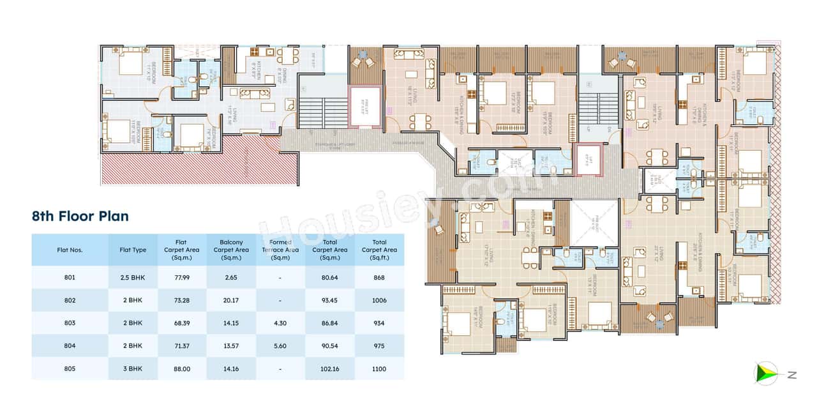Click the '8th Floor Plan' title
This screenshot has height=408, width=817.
pyautogui.click(x=80, y=216)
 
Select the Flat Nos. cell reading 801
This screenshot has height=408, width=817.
pyautogui.click(x=70, y=277)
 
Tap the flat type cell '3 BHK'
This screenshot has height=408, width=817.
pyautogui.click(x=133, y=369)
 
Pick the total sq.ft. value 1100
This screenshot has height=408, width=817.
pyautogui.click(x=379, y=369)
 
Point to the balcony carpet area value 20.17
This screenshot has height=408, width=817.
pyautogui.click(x=231, y=300)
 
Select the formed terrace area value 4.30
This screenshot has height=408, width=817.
pyautogui.click(x=280, y=323)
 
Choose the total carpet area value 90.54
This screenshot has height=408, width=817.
pyautogui.click(x=330, y=346)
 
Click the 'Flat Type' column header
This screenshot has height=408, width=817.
pyautogui.click(x=133, y=250)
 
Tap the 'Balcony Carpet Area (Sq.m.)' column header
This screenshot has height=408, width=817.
pyautogui.click(x=231, y=250)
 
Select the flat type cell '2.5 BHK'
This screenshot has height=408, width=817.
pyautogui.click(x=133, y=277)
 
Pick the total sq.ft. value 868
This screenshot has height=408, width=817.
pyautogui.click(x=379, y=277)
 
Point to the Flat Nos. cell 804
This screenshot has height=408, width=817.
pyautogui.click(x=70, y=346)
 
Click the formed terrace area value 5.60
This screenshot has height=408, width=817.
pyautogui.click(x=280, y=346)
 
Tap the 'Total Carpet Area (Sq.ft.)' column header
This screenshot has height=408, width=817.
pyautogui.click(x=379, y=250)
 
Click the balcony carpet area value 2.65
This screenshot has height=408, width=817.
pyautogui.click(x=231, y=277)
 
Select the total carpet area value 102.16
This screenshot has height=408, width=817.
pyautogui.click(x=330, y=369)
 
